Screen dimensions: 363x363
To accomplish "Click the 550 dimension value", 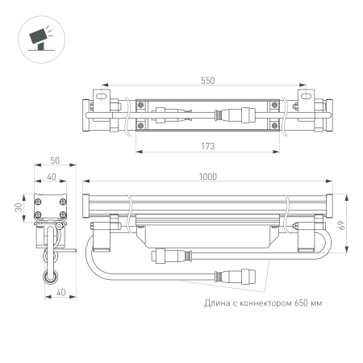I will tap(207, 80).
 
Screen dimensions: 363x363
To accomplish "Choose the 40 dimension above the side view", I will tap(52, 177).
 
